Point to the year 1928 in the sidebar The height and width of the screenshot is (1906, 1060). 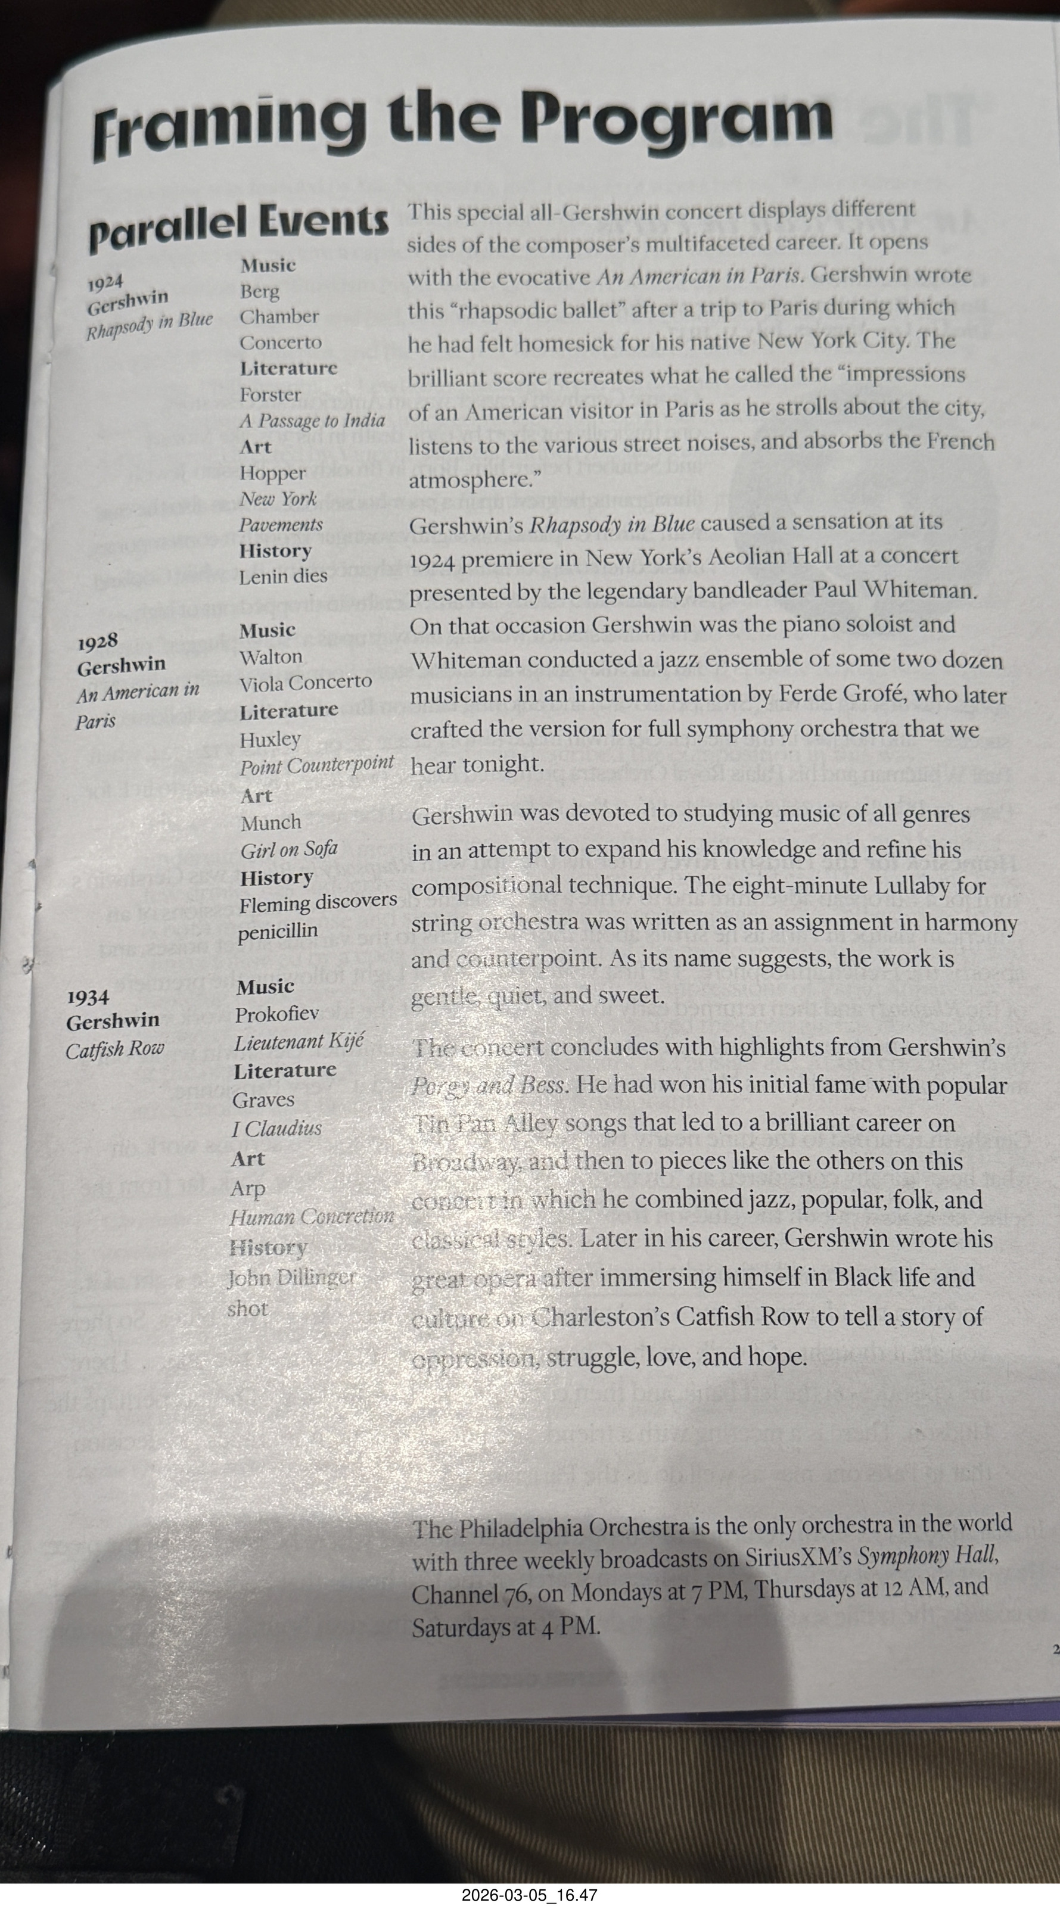coord(98,641)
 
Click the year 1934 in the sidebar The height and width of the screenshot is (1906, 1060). coord(88,998)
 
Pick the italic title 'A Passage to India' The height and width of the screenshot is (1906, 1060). coord(312,421)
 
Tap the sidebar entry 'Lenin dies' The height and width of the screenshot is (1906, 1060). coord(283,577)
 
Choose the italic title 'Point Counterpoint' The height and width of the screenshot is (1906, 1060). coord(316,767)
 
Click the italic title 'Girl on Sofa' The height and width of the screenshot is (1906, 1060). coord(289,849)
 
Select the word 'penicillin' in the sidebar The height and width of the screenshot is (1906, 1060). coord(278,932)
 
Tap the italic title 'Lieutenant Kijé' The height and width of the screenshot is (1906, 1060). coord(299,1042)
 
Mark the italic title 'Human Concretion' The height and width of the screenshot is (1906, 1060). coord(311,1216)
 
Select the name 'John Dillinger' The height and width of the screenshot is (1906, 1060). coord(291,1278)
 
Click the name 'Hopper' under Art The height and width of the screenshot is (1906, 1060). coord(272,473)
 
